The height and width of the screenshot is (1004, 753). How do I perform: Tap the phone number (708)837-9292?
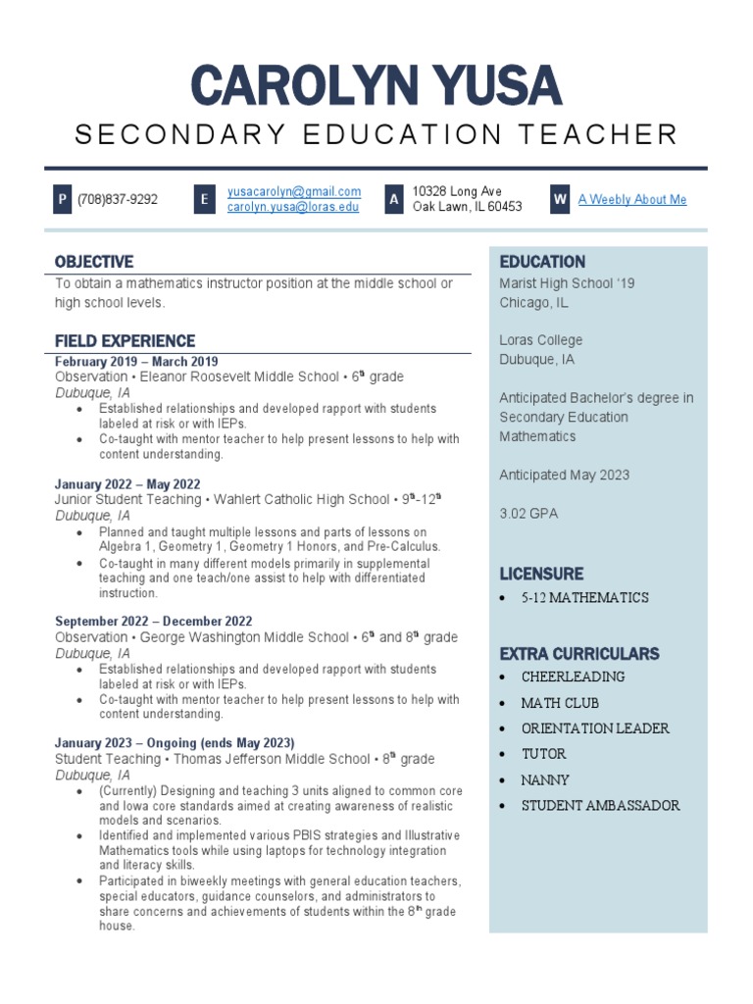118,200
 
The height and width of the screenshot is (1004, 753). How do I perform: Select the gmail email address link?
294,191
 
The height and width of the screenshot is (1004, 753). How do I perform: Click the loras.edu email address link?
293,207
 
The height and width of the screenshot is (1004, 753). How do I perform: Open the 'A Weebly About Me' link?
632,199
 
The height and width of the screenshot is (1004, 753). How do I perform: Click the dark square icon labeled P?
62,200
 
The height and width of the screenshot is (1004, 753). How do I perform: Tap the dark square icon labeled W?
560,199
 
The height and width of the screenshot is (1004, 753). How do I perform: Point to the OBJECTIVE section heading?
94,262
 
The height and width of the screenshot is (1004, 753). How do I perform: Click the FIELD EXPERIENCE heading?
125,341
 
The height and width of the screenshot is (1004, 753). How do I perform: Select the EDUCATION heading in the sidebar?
542,262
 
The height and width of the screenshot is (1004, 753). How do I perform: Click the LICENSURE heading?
541,574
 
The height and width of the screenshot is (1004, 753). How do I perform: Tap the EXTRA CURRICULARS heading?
579,654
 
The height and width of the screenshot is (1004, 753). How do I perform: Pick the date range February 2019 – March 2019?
136,362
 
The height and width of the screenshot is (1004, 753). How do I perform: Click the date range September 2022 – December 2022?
153,622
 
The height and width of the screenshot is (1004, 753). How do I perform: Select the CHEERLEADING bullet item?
573,677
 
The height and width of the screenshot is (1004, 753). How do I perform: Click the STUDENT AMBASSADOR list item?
600,806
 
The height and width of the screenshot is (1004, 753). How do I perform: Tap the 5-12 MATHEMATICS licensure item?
584,598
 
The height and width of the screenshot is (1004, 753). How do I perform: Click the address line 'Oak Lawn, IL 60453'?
467,207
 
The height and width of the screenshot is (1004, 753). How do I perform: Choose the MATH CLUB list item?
560,703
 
